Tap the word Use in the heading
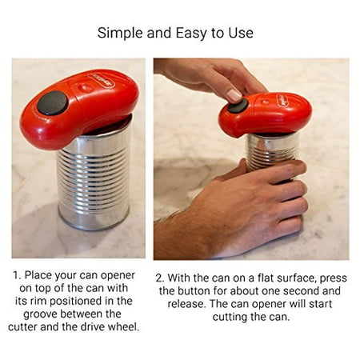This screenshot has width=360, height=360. (x=241, y=33)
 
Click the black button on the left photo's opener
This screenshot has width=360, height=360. (x=52, y=103)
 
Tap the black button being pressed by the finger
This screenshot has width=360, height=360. (x=238, y=106)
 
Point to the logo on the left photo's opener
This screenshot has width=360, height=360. (x=101, y=80)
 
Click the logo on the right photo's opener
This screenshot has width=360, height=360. (x=285, y=101)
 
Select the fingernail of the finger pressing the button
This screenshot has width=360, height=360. (x=234, y=95)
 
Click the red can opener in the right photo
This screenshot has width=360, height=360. (x=265, y=114)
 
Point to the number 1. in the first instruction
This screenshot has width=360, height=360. (x=17, y=275)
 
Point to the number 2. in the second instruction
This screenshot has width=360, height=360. (x=160, y=278)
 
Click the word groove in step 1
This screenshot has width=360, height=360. (x=40, y=314)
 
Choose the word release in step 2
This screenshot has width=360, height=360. (x=186, y=304)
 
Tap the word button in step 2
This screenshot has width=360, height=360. (x=194, y=291)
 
